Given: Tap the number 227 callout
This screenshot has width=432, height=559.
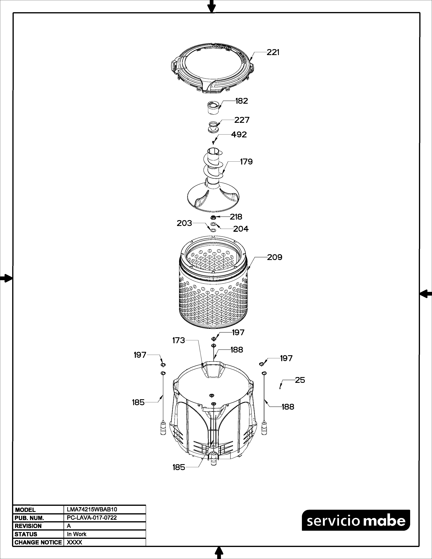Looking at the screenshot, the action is pyautogui.click(x=242, y=120).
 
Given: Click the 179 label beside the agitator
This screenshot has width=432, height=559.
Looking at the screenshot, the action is pyautogui.click(x=246, y=162).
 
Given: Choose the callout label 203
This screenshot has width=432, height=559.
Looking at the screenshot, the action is pyautogui.click(x=184, y=223).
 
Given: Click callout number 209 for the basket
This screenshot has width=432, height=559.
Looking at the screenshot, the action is pyautogui.click(x=275, y=257).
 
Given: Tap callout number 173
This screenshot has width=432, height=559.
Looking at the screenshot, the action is pyautogui.click(x=179, y=340).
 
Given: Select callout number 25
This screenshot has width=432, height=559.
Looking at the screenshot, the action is pyautogui.click(x=300, y=380).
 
